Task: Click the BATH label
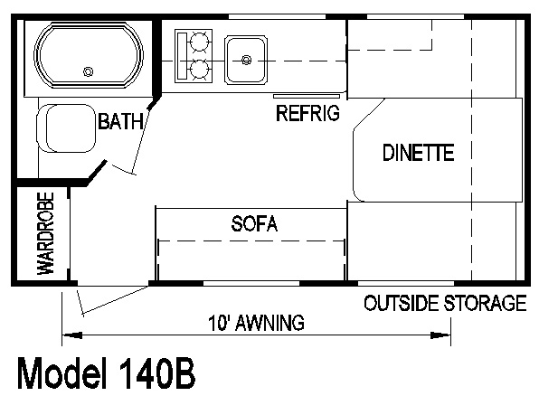pos(120,121)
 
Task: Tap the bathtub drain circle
pos(89,71)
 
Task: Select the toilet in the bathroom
pos(66,128)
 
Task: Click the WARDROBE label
pos(46,233)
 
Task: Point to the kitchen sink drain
pos(246,61)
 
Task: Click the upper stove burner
pos(199,41)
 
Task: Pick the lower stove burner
pos(199,70)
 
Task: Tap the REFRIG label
pos(307,113)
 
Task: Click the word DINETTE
pos(419,153)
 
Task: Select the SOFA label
pos(254,223)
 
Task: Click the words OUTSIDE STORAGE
pos(445,303)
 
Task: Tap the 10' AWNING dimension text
pos(257,323)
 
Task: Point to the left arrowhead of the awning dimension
pos(71,335)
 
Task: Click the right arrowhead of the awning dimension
pos(440,335)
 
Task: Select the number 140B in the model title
pos(157,373)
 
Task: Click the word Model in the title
pos(61,373)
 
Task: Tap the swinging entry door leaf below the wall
pos(115,300)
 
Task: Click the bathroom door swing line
pos(141,140)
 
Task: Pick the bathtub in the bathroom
pos(89,55)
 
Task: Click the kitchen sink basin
pos(246,60)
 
